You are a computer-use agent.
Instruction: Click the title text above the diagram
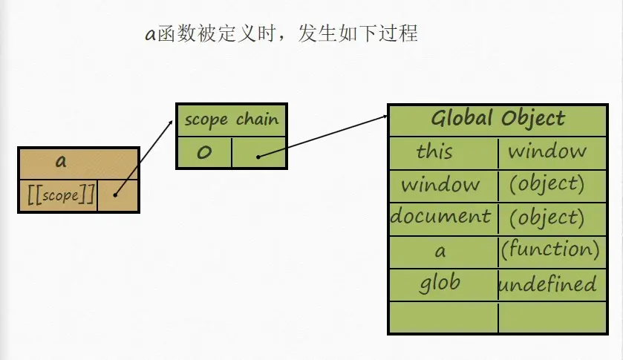[x=281, y=34]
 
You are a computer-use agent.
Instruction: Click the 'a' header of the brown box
[x=61, y=162]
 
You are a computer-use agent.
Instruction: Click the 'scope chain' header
[x=231, y=120]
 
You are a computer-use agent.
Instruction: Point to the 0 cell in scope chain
[x=204, y=153]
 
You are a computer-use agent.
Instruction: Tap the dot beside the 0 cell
[x=258, y=157]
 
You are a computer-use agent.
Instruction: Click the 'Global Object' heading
[x=498, y=119]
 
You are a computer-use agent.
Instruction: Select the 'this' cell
[x=434, y=151]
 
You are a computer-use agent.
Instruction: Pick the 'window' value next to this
[x=547, y=151]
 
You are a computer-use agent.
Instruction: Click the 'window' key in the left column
[x=440, y=184]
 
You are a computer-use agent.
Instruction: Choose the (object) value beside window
[x=547, y=184]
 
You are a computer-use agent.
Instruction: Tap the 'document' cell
[x=440, y=217]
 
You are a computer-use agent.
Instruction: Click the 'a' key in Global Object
[x=440, y=251]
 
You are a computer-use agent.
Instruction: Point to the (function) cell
[x=550, y=249]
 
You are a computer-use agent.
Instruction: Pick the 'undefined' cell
[x=547, y=284]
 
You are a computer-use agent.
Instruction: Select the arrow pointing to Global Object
[x=323, y=136]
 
